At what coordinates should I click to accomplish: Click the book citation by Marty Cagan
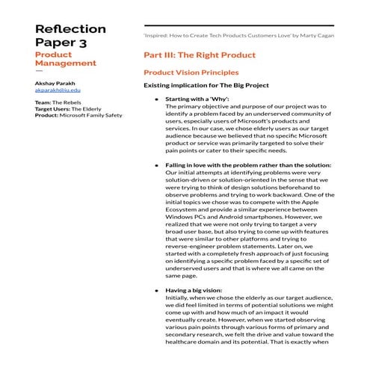pos(238,35)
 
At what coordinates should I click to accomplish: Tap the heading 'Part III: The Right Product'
pos(199,55)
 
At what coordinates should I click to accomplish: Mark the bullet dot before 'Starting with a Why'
pos(156,99)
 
